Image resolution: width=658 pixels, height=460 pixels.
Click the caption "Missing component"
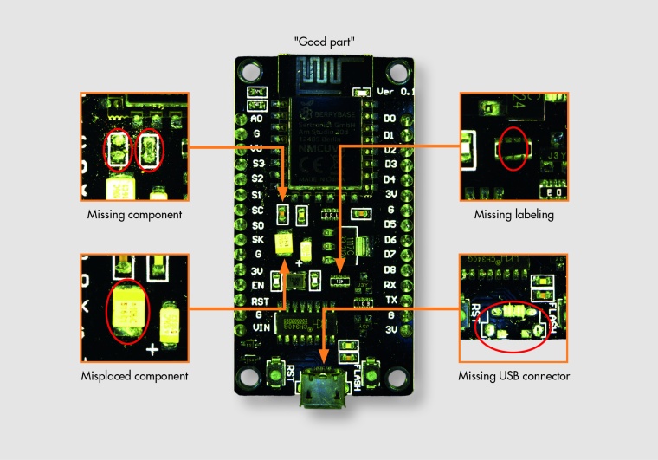click(134, 214)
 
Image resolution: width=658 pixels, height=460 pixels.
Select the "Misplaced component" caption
click(134, 376)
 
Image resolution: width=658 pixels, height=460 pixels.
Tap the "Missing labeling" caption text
click(513, 214)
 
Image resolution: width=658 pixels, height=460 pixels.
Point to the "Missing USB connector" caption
click(513, 376)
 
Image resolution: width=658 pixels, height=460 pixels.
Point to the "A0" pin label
click(256, 119)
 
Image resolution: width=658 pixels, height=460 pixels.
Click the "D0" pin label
click(390, 119)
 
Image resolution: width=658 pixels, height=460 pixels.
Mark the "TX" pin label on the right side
click(390, 299)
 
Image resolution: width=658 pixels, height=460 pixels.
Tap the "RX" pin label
click(390, 284)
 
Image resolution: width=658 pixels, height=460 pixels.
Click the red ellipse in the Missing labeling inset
click(513, 148)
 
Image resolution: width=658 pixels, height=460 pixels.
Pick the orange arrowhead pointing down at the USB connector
click(326, 361)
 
